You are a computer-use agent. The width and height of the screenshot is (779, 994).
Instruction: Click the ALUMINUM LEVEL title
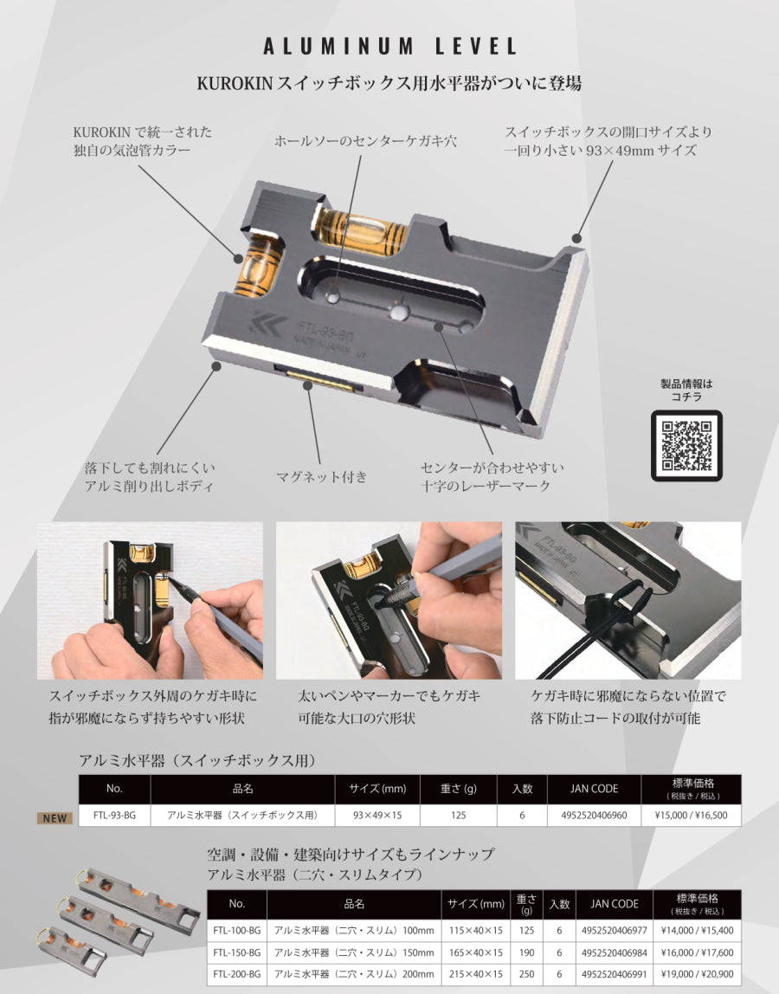coord(389,46)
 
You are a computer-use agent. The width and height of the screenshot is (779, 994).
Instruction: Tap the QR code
coord(686,445)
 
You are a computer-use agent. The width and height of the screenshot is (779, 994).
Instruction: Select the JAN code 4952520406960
coord(594,815)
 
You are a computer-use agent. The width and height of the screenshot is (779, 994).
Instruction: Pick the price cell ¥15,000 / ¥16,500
coord(691,815)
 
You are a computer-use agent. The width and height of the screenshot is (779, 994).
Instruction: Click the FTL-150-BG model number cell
coord(236,952)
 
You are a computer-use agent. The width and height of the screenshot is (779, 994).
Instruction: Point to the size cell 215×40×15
coord(475,974)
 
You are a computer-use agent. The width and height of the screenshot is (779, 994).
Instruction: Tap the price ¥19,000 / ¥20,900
coord(697,974)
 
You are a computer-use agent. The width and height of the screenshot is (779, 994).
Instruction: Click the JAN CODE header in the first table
coord(594,789)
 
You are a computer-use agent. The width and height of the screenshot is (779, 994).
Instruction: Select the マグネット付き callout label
coord(322,476)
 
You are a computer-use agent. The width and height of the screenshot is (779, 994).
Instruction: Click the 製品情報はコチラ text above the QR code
coord(686,390)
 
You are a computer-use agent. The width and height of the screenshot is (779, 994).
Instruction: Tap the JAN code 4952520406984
coord(614,952)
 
